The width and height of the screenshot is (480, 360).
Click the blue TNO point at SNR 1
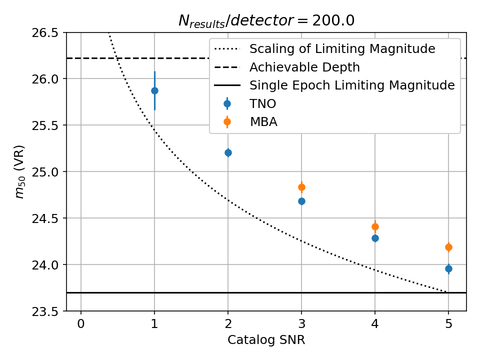tap(154, 90)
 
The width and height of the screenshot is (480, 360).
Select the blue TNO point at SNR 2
tap(228, 152)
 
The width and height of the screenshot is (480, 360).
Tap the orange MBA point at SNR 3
tap(301, 187)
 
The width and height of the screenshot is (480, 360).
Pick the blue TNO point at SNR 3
tap(301, 201)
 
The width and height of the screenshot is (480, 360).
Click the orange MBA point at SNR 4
tap(375, 226)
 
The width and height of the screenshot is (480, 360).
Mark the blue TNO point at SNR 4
tap(375, 238)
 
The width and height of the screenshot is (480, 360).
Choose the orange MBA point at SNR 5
tap(448, 247)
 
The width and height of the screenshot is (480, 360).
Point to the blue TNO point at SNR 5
tap(448, 268)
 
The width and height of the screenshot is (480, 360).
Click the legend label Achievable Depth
tap(304, 67)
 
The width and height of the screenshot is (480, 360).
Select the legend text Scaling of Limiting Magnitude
tap(342, 49)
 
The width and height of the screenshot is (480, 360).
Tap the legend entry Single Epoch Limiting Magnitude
tap(352, 85)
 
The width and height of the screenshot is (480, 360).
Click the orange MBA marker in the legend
tap(227, 121)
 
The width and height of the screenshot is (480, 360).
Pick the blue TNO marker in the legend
tap(227, 103)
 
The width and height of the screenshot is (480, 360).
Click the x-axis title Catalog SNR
tap(266, 340)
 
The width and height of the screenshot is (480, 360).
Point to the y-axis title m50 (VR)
tap(20, 171)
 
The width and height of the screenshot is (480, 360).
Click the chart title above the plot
tap(266, 20)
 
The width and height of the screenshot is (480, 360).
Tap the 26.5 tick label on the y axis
tap(45, 33)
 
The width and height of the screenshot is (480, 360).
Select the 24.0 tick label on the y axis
tap(45, 265)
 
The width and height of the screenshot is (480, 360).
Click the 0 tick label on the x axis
tap(81, 324)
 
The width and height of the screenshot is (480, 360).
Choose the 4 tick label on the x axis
tap(375, 324)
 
